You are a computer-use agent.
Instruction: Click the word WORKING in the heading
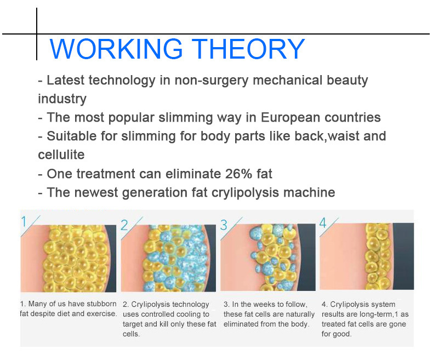tap(116, 49)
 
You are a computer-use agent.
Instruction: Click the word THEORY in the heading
tap(248, 49)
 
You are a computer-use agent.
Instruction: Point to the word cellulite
tap(61, 155)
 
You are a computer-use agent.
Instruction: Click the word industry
tap(62, 99)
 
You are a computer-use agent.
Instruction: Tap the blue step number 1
tap(24, 222)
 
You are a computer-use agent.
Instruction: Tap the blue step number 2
tap(124, 225)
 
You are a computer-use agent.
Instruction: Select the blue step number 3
tap(224, 225)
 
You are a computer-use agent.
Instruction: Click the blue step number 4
tap(323, 223)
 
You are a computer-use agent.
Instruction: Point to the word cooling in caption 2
tap(189, 314)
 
